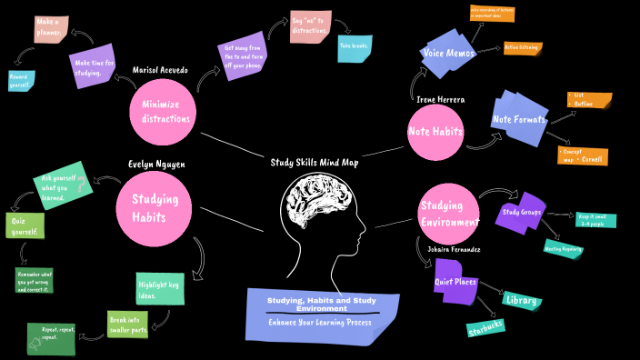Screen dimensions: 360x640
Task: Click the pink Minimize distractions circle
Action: click(164, 111)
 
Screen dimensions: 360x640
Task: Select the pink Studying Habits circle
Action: click(154, 207)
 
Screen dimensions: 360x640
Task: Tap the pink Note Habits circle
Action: click(435, 132)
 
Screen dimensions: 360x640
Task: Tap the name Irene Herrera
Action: click(441, 98)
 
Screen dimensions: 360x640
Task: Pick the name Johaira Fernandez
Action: click(454, 248)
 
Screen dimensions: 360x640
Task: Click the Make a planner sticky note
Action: click(50, 28)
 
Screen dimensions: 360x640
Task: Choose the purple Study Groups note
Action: click(521, 213)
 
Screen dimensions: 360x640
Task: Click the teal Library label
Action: click(522, 300)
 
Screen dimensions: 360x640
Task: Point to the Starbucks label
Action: click(485, 325)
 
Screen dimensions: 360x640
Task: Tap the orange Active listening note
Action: click(522, 48)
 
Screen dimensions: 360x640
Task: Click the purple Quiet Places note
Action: click(455, 281)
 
